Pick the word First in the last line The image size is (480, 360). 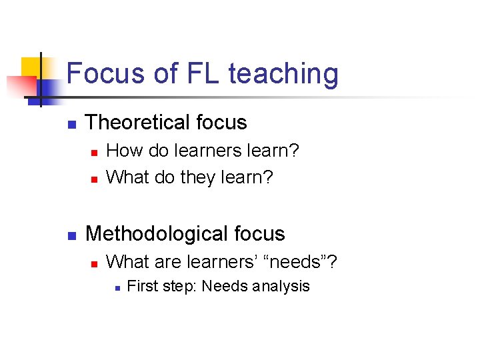140,287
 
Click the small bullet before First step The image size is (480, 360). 115,288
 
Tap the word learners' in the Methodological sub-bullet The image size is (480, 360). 222,263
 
